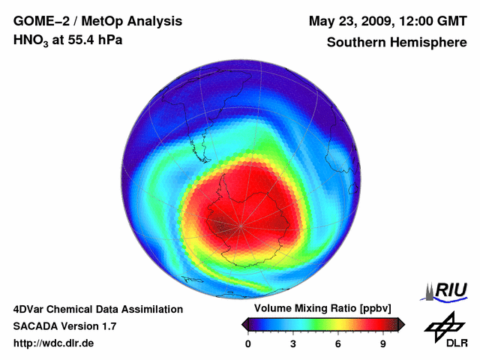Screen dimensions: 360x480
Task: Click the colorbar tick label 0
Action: (x=248, y=344)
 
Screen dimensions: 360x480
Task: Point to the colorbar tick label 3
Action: (x=293, y=344)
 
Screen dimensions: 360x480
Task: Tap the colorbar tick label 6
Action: (x=338, y=344)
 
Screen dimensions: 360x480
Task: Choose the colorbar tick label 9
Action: (x=383, y=344)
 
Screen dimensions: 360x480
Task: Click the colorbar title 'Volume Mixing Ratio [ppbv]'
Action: (x=320, y=309)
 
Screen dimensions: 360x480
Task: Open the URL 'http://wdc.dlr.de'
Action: (x=53, y=344)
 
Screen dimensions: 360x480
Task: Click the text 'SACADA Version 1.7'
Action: (x=64, y=326)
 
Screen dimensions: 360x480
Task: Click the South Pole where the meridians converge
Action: (x=241, y=226)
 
